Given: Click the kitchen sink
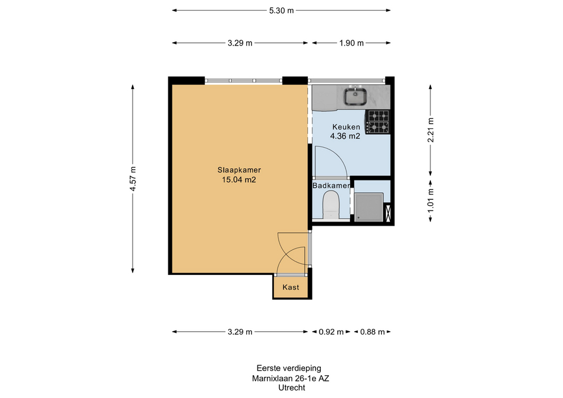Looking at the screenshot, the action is (355, 96).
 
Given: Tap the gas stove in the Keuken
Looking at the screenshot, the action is (378, 122).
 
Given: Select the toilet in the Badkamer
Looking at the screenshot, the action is (331, 205).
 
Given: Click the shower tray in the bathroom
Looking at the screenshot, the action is (369, 207).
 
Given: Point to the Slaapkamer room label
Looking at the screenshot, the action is (239, 170).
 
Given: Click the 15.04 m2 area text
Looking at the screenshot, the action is (239, 180).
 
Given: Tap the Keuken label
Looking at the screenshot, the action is (346, 127).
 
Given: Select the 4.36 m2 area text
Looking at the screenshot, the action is (345, 136).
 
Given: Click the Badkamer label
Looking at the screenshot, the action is (331, 186).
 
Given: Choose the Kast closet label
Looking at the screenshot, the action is (290, 287).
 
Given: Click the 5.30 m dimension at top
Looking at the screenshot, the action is (281, 11).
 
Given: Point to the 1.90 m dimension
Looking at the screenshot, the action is (351, 43).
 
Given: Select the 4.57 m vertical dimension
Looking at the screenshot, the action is (133, 179).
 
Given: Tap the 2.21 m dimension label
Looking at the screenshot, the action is (430, 130).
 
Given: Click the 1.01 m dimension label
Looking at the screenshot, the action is (430, 200).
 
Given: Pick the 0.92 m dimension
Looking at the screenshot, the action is (331, 332).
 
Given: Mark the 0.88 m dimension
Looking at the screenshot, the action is (372, 332).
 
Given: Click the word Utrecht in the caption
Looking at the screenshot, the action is (291, 387).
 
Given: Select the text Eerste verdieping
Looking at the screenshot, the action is (289, 368).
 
